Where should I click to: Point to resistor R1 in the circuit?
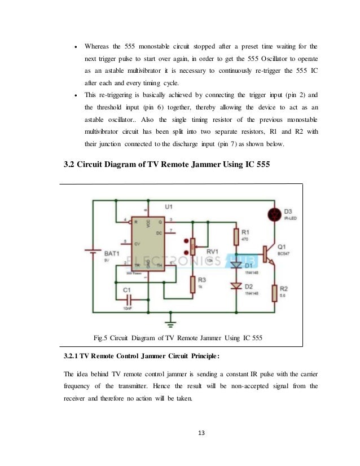[236, 234]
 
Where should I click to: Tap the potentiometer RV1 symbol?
[192, 244]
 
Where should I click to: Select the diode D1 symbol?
[236, 265]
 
